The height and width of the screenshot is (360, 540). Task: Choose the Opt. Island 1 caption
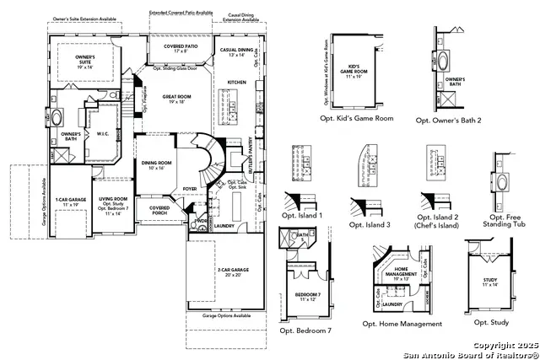(303, 216)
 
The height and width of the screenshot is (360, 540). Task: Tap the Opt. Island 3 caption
(370, 225)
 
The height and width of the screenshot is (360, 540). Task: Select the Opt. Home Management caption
(402, 324)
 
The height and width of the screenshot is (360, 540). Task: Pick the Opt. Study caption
(490, 322)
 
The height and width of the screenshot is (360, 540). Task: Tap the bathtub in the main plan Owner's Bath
(58, 116)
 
